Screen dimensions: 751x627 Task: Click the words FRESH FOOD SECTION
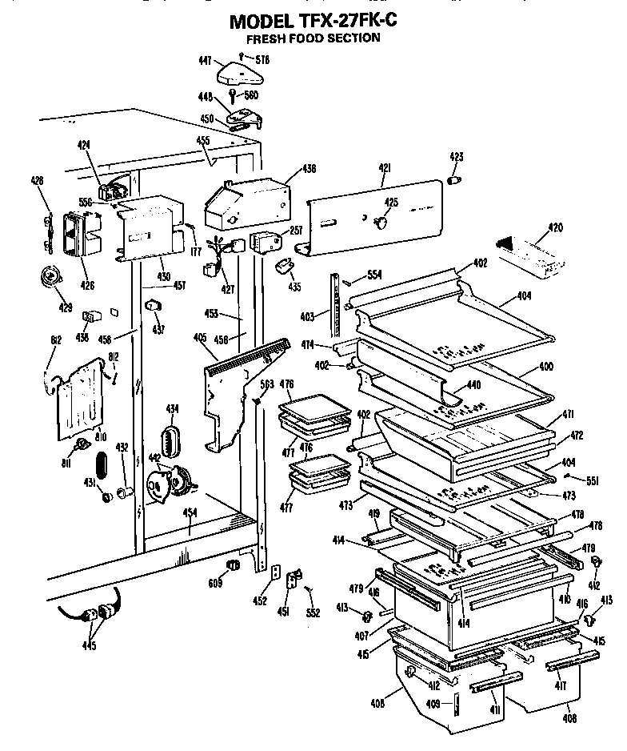(313, 38)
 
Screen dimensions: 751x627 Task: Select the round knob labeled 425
(381, 219)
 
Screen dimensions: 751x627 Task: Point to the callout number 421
(385, 167)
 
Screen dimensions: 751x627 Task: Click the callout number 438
(310, 169)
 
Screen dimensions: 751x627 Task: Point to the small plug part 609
(234, 567)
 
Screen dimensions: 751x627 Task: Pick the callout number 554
(373, 275)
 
